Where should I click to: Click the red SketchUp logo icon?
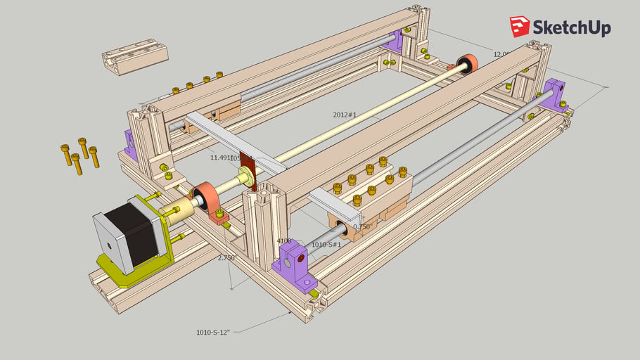point(520,27)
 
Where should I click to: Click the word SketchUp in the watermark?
point(572,27)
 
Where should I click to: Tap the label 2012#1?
point(345,114)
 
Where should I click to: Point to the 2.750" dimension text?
point(226,258)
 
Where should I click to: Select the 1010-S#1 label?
point(326,245)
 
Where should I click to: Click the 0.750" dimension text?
point(362,227)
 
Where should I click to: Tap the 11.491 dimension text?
point(220,157)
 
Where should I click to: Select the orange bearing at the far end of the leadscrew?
point(468,64)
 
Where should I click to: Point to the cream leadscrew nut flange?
point(247,176)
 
